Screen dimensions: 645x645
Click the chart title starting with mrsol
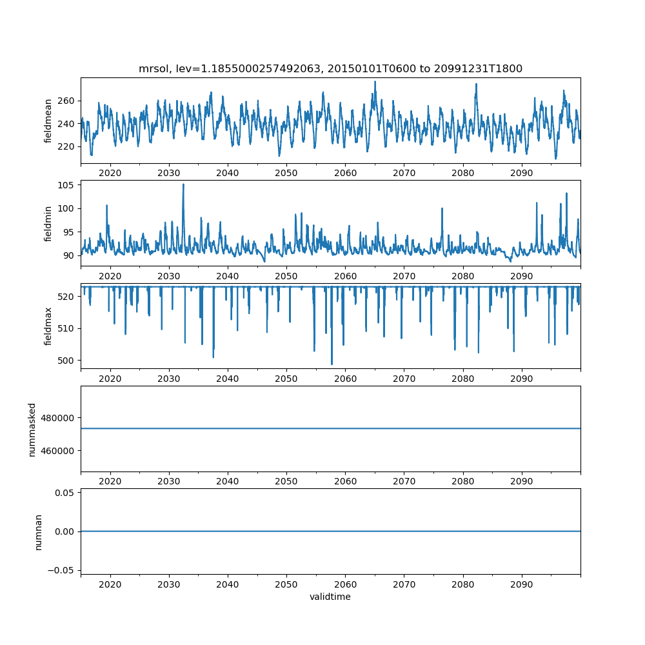click(330, 68)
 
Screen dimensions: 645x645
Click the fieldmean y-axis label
click(48, 121)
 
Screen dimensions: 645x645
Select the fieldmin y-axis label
click(48, 223)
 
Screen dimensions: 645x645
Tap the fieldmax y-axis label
click(48, 326)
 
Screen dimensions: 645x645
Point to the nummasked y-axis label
click(32, 428)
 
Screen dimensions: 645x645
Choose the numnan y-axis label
click(38, 531)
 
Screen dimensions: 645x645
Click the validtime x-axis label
click(330, 597)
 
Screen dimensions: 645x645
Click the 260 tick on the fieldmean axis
click(68, 101)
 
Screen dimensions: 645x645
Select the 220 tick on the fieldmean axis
click(68, 146)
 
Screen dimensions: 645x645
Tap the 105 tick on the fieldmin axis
click(68, 185)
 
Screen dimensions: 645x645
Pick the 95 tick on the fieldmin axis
click(70, 232)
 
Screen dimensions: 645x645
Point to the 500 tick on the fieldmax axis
click(68, 360)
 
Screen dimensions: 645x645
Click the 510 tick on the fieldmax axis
click(68, 328)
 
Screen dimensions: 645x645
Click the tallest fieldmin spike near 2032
click(183, 184)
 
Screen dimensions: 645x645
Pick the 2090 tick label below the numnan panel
click(521, 584)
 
